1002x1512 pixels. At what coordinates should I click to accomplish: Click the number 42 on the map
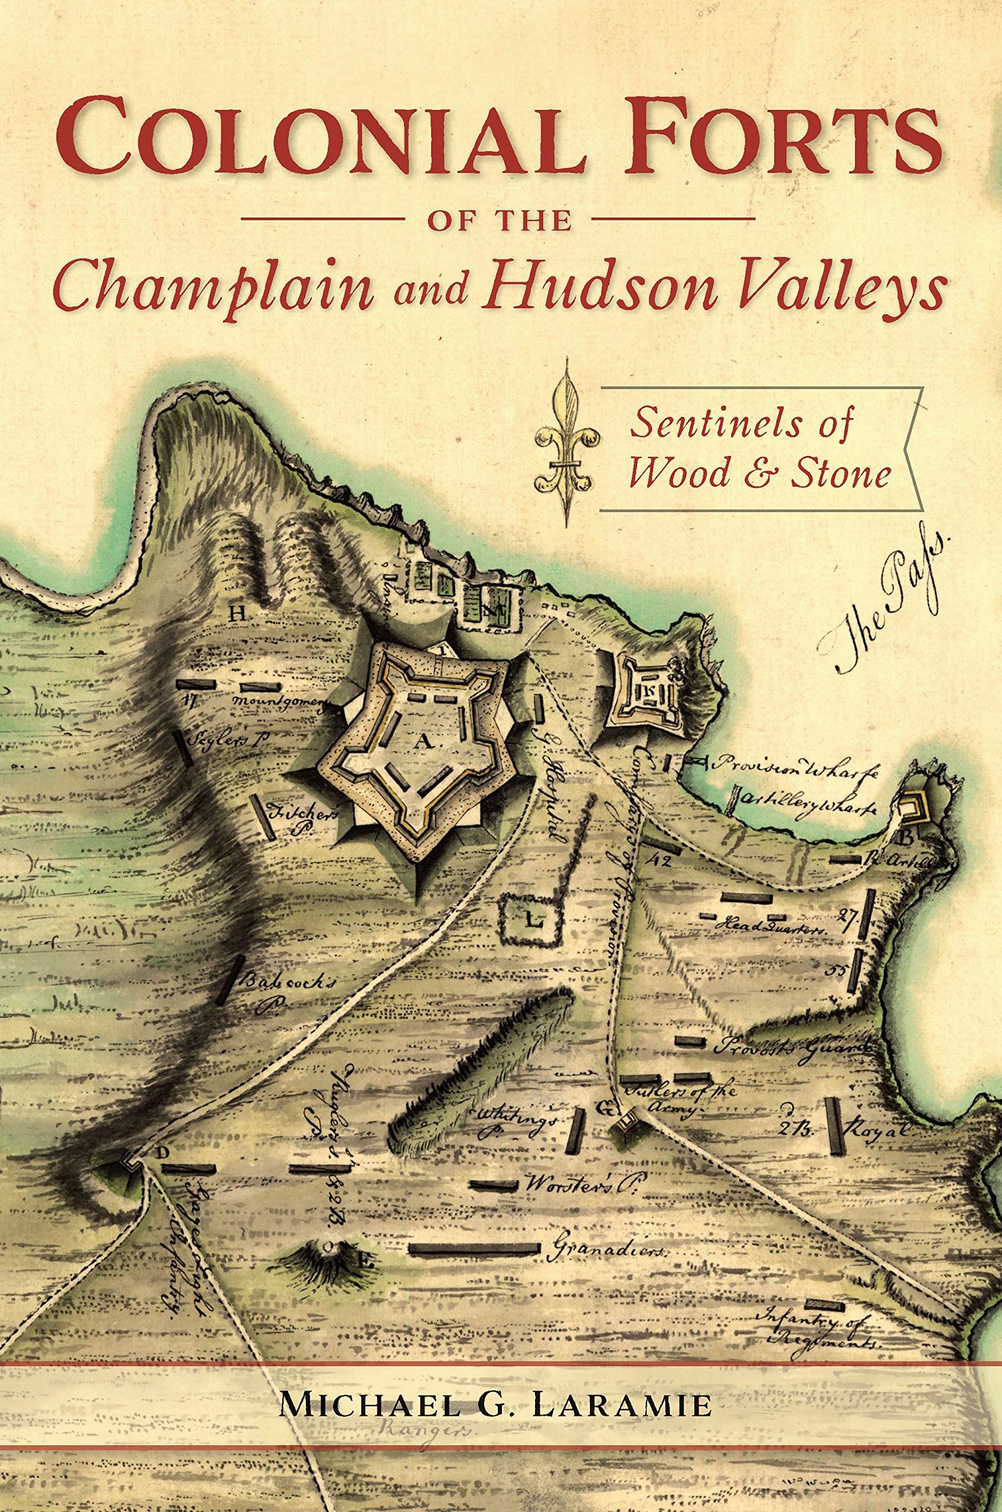(658, 861)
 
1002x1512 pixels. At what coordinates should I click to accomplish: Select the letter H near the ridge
(238, 615)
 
